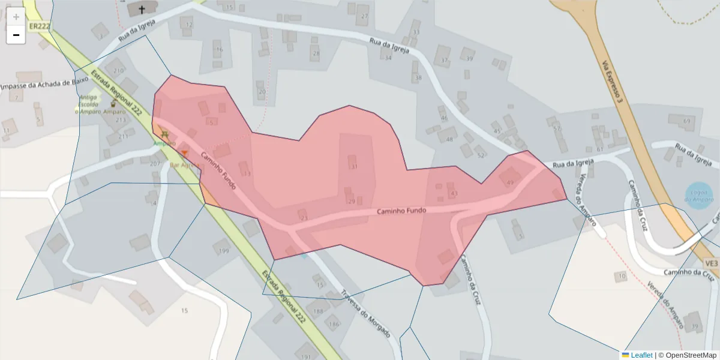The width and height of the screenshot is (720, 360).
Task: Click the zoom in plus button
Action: pyautogui.click(x=16, y=17)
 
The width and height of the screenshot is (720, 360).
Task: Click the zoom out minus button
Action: pyautogui.click(x=16, y=35)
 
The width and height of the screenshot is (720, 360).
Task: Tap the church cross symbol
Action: pyautogui.click(x=142, y=9)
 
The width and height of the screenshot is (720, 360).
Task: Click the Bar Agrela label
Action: pyautogui.click(x=184, y=165)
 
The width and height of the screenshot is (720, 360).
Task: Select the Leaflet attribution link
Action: pyautogui.click(x=641, y=355)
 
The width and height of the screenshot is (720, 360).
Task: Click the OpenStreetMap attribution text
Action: pyautogui.click(x=688, y=355)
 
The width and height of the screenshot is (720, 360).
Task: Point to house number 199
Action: pyautogui.click(x=224, y=250)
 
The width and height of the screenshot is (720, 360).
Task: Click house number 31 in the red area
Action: pyautogui.click(x=353, y=166)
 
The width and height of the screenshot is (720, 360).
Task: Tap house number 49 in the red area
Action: pyautogui.click(x=510, y=182)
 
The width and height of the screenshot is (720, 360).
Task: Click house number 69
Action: pyautogui.click(x=686, y=121)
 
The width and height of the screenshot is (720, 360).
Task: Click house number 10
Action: pyautogui.click(x=622, y=276)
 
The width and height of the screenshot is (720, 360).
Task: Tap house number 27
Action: pyautogui.click(x=365, y=16)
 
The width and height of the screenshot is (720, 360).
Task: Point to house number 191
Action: pyautogui.click(x=306, y=356)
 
